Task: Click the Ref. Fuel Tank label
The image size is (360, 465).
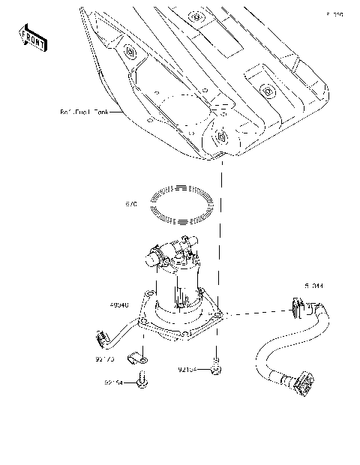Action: point(84,113)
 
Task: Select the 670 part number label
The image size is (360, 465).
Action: point(131,202)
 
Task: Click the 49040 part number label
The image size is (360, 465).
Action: point(120,305)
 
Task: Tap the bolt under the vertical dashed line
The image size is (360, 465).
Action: point(217,368)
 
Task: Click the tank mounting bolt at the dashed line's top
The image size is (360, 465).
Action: point(222,136)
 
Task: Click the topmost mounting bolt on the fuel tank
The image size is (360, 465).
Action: point(194,16)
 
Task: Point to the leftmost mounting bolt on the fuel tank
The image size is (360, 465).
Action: point(130,52)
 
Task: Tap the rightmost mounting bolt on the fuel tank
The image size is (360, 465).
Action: point(266,91)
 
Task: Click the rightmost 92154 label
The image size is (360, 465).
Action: point(188,369)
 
